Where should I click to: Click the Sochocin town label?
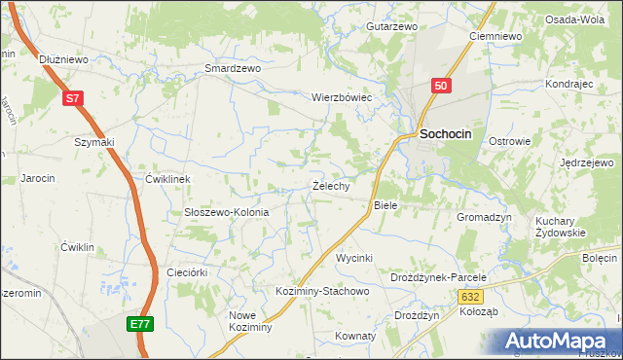pyautogui.click(x=446, y=137)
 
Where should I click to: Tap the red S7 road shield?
pyautogui.click(x=74, y=98)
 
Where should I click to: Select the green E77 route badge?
pyautogui.click(x=139, y=323)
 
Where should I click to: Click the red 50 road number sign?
pyautogui.click(x=441, y=87)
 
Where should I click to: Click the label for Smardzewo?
pyautogui.click(x=233, y=69)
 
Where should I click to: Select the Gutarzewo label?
pyautogui.click(x=391, y=26)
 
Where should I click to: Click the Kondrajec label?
pyautogui.click(x=569, y=85)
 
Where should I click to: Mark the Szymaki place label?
pyautogui.click(x=94, y=142)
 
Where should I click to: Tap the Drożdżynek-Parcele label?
pyautogui.click(x=437, y=277)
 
